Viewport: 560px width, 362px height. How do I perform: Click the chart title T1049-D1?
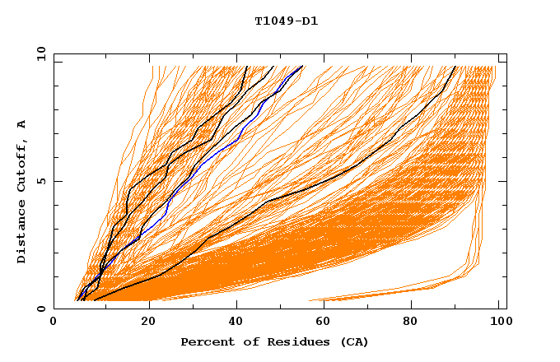(286, 21)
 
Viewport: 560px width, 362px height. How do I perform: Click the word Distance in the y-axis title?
(21, 234)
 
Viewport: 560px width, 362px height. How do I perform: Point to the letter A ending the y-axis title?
(21, 124)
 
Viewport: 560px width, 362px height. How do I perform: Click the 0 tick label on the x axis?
(54, 322)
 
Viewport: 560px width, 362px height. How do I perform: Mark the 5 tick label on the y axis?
(40, 181)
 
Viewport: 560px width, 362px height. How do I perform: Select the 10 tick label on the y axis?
(38, 53)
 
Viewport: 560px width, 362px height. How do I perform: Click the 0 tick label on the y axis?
(40, 309)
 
